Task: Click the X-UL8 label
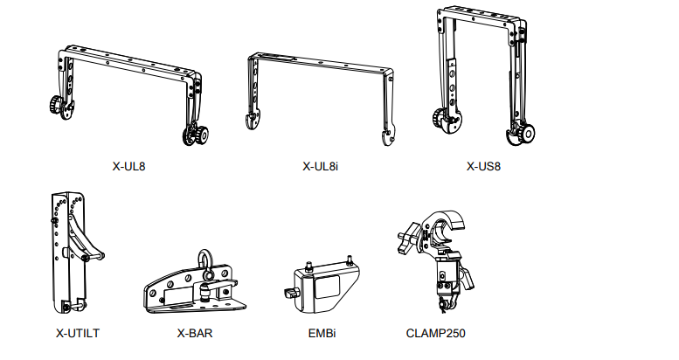[x=130, y=165]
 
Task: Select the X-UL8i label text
[x=320, y=165]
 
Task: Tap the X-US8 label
[x=484, y=165]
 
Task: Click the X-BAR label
[x=194, y=333]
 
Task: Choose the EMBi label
[x=318, y=333]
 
